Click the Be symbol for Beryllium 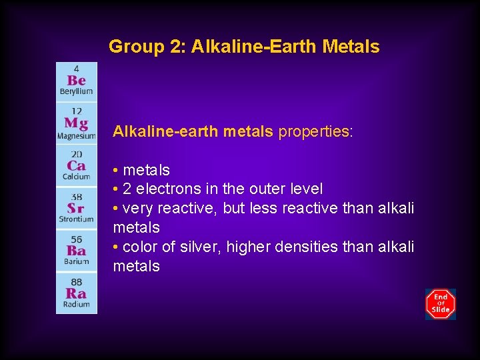pyautogui.click(x=76, y=80)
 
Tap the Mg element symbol pyautogui.click(x=76, y=123)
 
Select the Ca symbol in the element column pyautogui.click(x=76, y=166)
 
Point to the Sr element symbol pyautogui.click(x=76, y=208)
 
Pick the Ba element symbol pyautogui.click(x=76, y=251)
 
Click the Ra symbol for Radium pyautogui.click(x=76, y=293)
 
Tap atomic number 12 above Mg pyautogui.click(x=77, y=111)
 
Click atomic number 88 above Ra pyautogui.click(x=77, y=282)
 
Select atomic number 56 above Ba pyautogui.click(x=77, y=239)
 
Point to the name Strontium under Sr pyautogui.click(x=76, y=219)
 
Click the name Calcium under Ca pyautogui.click(x=76, y=176)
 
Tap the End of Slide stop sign pyautogui.click(x=441, y=304)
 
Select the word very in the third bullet pyautogui.click(x=137, y=209)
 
